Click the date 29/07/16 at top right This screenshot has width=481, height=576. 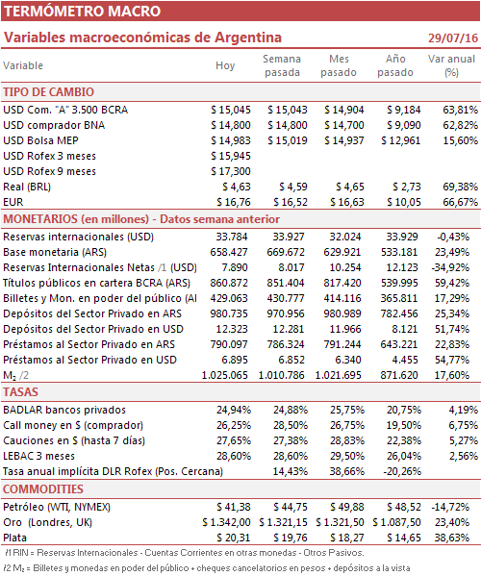click(453, 38)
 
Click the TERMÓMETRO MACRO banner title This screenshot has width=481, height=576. click(83, 11)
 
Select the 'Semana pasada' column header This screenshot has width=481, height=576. click(282, 65)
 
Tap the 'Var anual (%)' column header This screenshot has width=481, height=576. click(451, 65)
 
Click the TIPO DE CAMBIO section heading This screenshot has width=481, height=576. click(48, 92)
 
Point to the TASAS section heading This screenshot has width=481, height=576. click(20, 392)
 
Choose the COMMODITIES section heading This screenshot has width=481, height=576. click(43, 488)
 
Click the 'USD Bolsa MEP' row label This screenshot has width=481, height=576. click(40, 140)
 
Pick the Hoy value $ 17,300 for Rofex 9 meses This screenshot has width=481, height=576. click(231, 171)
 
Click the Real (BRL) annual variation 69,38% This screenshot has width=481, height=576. click(460, 187)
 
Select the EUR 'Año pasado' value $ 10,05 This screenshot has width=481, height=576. click(404, 202)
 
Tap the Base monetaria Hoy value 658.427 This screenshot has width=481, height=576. click(229, 252)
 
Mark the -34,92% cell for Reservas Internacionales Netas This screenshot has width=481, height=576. click(450, 267)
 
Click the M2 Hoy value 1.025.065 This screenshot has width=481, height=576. click(224, 375)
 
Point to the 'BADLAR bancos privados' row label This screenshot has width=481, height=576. click(64, 410)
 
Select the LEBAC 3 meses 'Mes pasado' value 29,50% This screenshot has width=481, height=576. click(347, 456)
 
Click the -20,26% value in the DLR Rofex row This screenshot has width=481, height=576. click(401, 472)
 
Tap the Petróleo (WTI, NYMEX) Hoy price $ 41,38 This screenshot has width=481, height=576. click(234, 508)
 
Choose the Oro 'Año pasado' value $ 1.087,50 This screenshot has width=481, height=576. click(396, 523)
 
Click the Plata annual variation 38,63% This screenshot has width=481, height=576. click(451, 538)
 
